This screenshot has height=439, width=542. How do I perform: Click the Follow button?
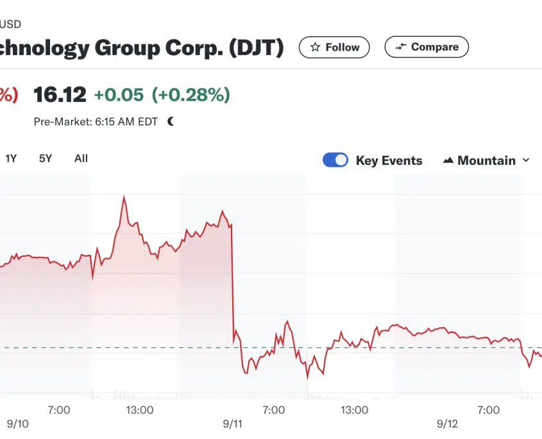(334, 47)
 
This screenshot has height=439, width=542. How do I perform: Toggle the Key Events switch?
(335, 160)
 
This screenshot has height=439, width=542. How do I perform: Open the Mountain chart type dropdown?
(487, 160)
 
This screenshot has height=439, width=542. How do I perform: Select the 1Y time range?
(11, 159)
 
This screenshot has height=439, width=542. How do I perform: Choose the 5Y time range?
(46, 159)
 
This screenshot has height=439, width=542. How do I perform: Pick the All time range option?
(81, 159)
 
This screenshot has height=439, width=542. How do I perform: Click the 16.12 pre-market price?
(60, 95)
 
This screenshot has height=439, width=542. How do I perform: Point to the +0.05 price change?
(119, 95)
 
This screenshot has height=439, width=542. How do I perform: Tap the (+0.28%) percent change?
(191, 95)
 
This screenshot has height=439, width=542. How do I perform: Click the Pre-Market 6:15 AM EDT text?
(96, 121)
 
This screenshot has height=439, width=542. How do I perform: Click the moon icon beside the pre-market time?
(171, 121)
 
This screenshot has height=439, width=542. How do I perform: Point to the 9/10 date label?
(18, 424)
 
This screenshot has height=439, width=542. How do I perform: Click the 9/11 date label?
(233, 424)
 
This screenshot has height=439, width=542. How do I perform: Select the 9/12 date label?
(448, 424)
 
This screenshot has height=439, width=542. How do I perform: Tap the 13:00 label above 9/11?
(139, 409)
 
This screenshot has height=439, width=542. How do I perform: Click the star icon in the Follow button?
(315, 47)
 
